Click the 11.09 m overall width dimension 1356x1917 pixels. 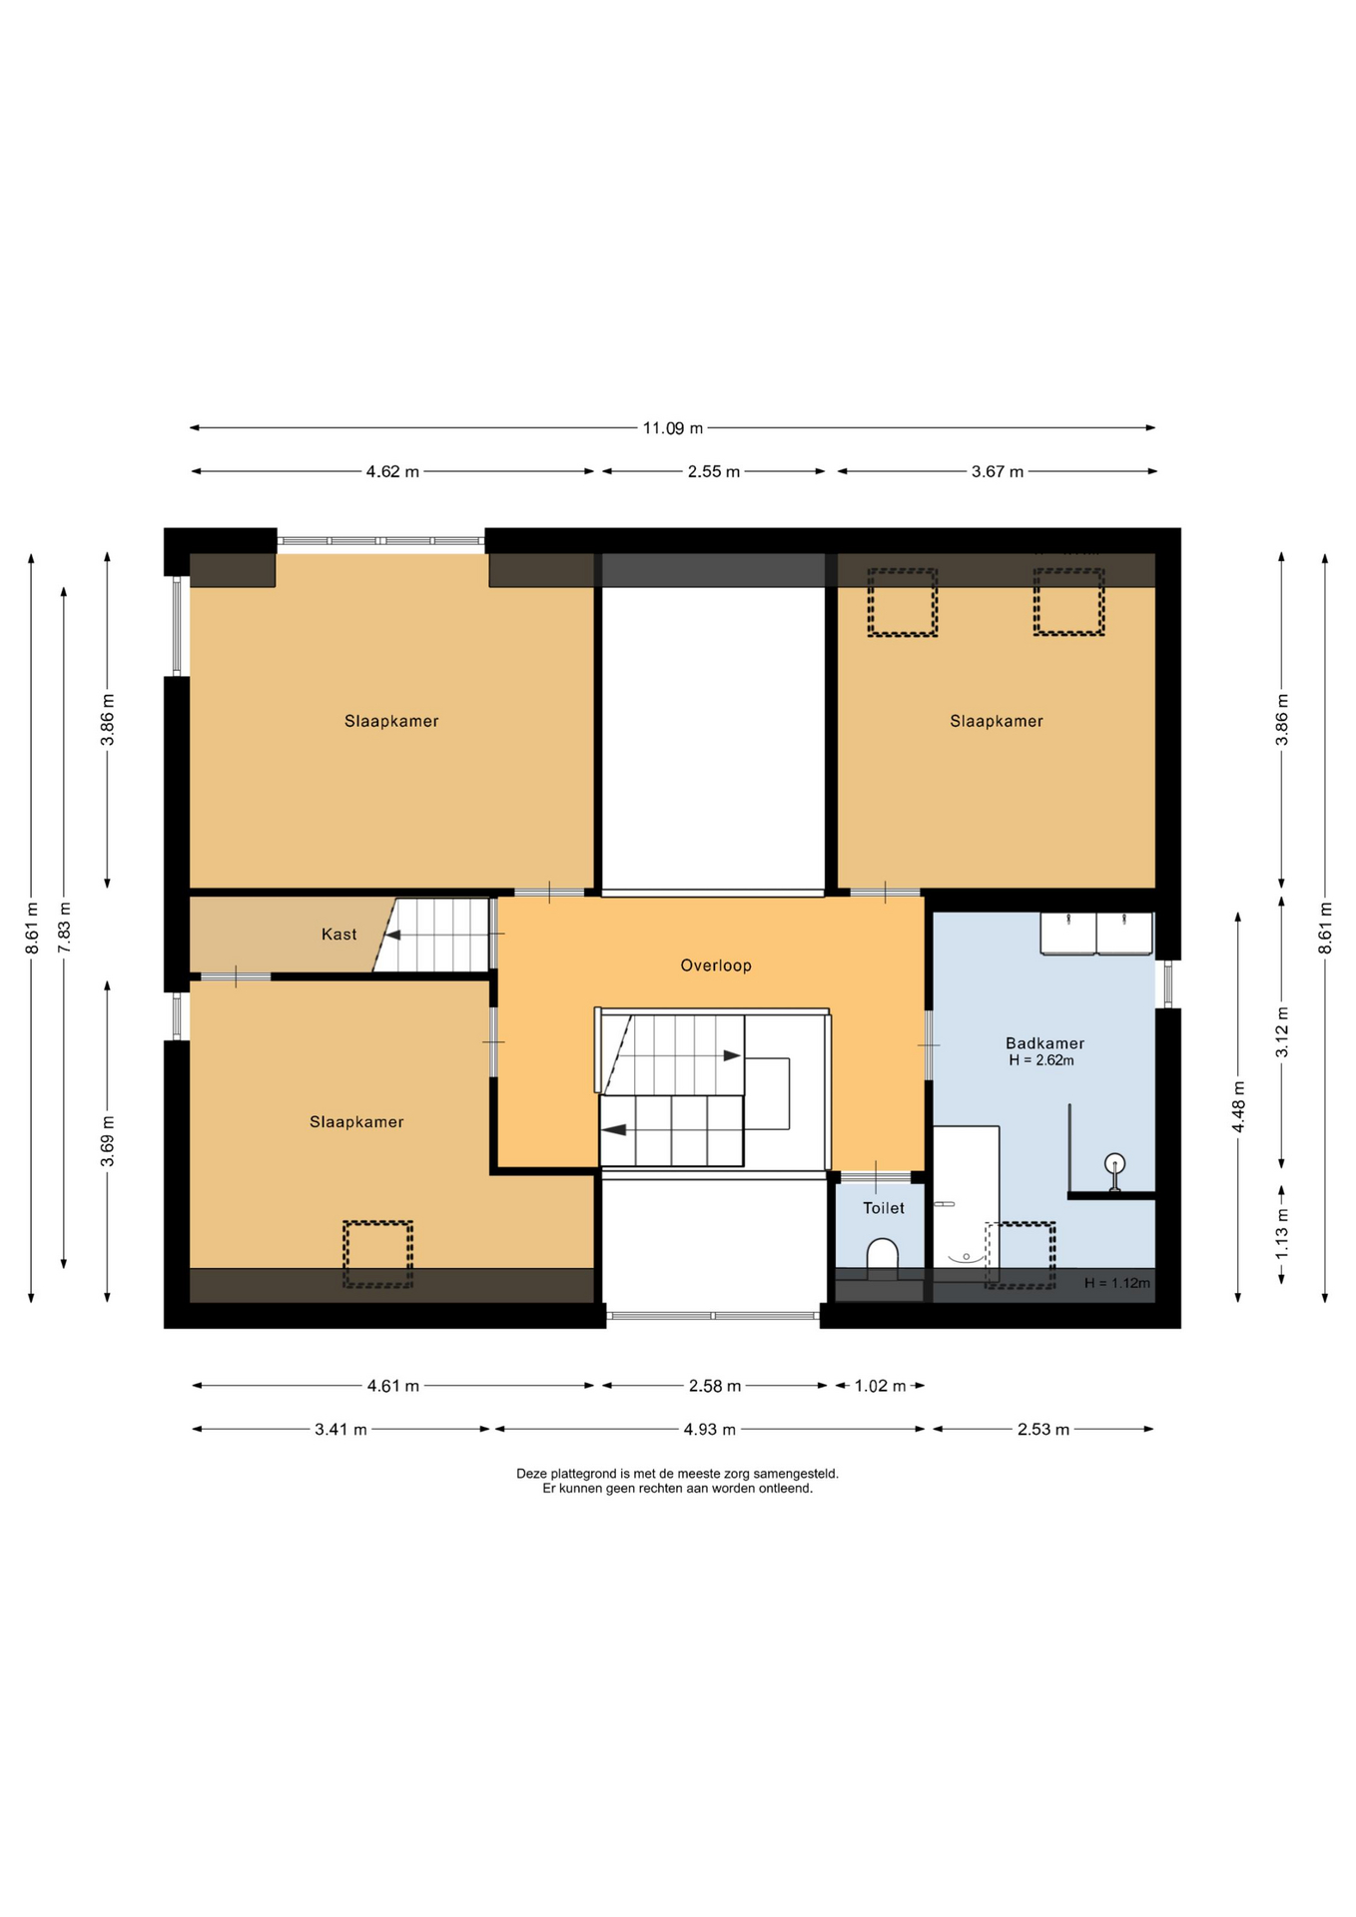tap(672, 428)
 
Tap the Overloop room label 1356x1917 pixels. tap(716, 965)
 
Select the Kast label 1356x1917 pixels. tap(339, 935)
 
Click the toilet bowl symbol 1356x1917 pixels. tap(883, 1257)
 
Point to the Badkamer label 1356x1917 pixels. tap(1044, 1043)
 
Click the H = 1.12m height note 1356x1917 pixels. tap(1117, 1283)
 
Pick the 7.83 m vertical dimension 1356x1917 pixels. tap(65, 928)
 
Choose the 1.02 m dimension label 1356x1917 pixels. tap(880, 1386)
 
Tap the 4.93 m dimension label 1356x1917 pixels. tap(709, 1430)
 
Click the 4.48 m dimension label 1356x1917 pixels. tap(1238, 1107)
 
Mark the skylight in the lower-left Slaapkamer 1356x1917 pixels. tap(377, 1254)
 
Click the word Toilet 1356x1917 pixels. tap(884, 1208)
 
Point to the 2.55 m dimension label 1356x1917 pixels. tap(714, 471)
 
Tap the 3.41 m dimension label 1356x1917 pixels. tap(340, 1430)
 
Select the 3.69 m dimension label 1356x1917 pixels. tap(108, 1141)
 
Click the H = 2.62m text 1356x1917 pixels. tap(1041, 1060)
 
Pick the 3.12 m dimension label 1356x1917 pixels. tap(1282, 1032)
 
